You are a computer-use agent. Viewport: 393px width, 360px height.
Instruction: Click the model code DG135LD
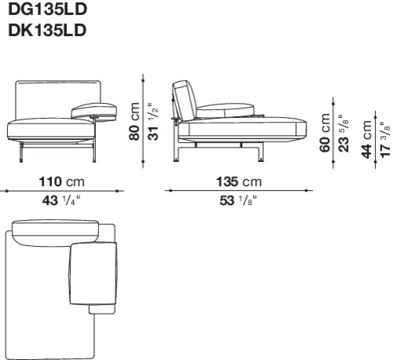coord(47,9)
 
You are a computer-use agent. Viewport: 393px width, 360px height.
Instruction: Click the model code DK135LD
coord(47,31)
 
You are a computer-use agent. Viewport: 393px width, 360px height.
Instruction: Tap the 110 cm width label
coord(62,182)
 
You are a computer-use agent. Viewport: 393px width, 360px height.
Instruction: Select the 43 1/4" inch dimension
coord(62,201)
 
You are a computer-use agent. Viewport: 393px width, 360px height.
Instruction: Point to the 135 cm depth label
coord(239,182)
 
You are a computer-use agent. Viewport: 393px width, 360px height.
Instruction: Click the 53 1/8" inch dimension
coord(238,201)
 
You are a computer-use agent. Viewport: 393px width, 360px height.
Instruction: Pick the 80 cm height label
coord(134,122)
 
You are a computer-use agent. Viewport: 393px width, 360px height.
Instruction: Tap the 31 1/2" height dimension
coord(153,122)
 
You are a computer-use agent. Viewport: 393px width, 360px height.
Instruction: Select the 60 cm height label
coord(325,133)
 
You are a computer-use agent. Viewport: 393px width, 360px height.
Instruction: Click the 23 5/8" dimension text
coord(343,133)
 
